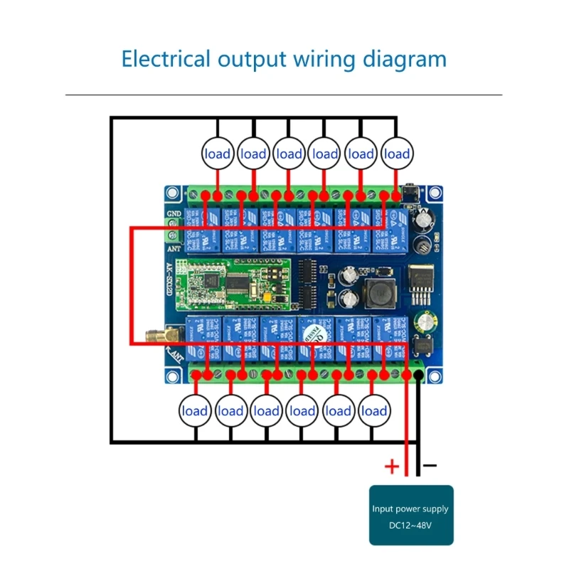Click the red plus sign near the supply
pyautogui.click(x=392, y=467)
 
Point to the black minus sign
pyautogui.click(x=430, y=466)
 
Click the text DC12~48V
pyautogui.click(x=410, y=525)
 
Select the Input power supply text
pyautogui.click(x=410, y=509)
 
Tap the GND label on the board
pyautogui.click(x=174, y=213)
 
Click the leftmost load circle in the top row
pyautogui.click(x=218, y=154)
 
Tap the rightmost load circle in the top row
pyautogui.click(x=396, y=154)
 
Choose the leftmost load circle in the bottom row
pyautogui.click(x=195, y=411)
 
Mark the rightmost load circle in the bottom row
pyautogui.click(x=374, y=411)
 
